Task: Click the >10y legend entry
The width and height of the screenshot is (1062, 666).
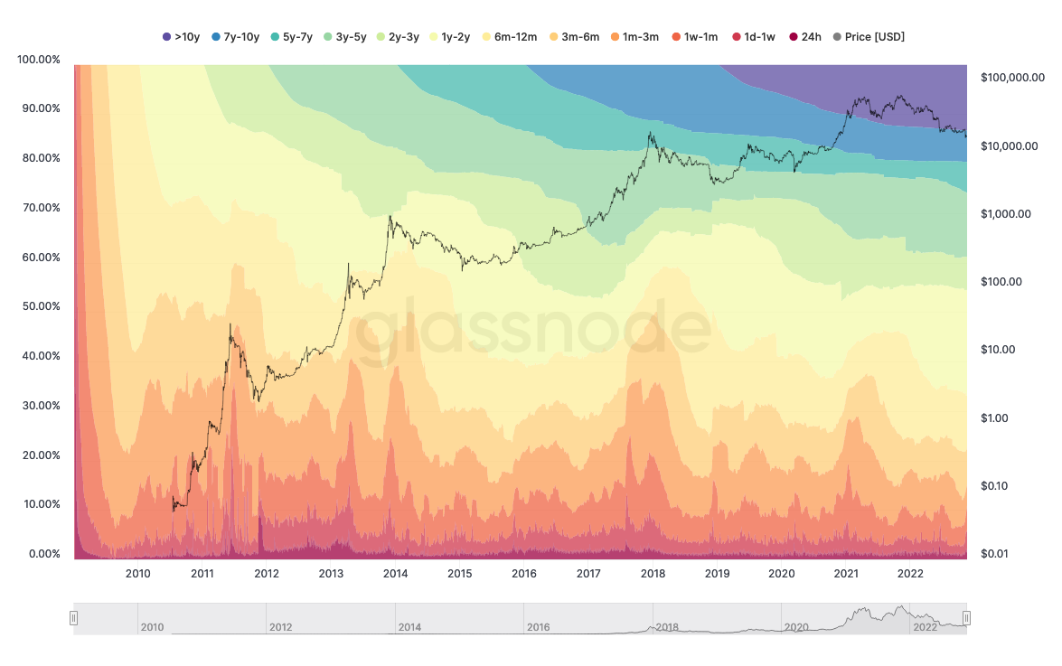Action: click(x=181, y=37)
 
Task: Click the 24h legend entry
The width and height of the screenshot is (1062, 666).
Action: click(x=804, y=37)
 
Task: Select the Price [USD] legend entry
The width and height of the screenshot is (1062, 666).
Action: click(x=869, y=37)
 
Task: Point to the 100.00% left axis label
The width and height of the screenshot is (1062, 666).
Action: click(x=39, y=60)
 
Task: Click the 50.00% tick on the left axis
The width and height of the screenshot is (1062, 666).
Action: click(x=39, y=306)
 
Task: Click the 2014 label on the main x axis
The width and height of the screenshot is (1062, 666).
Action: click(x=395, y=574)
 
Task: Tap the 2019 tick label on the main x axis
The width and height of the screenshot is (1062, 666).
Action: click(x=717, y=574)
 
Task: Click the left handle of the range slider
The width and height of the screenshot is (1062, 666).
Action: click(x=74, y=618)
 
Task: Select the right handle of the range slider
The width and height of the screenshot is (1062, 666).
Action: click(x=966, y=618)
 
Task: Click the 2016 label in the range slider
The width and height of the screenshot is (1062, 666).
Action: click(x=538, y=627)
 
